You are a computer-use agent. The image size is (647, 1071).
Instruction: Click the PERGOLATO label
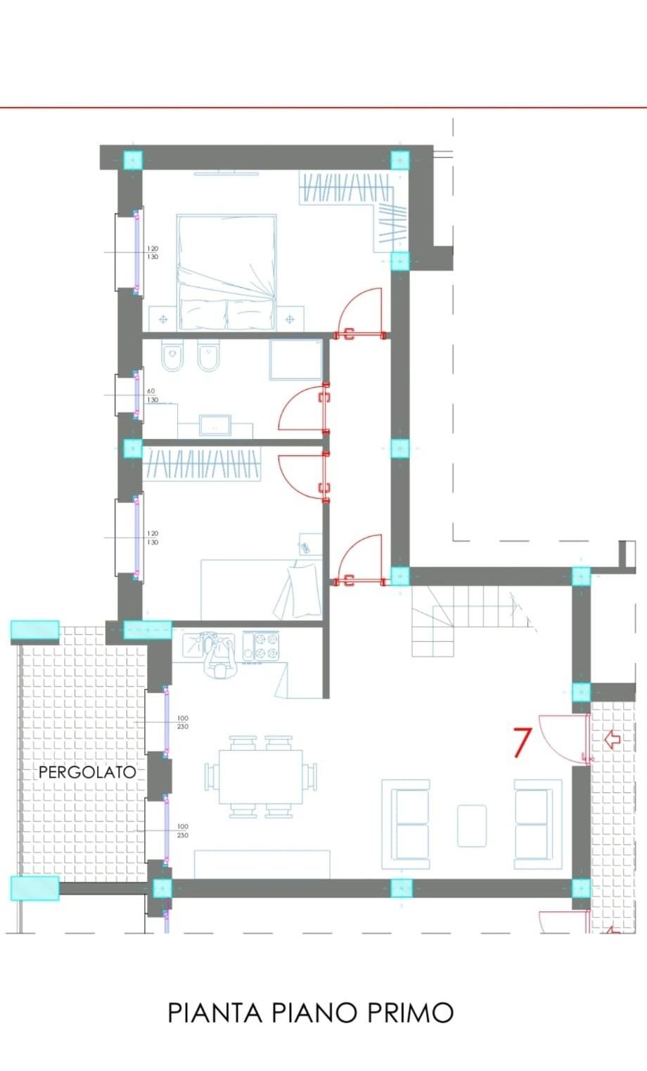tap(87, 772)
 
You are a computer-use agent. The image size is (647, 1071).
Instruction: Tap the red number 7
tap(522, 742)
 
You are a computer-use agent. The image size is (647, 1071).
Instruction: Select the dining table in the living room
tap(261, 777)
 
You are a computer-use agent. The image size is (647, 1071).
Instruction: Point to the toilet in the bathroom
tap(172, 356)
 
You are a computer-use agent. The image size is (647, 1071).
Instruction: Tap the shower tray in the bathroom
tap(296, 360)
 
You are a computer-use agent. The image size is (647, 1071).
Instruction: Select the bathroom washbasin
tap(215, 425)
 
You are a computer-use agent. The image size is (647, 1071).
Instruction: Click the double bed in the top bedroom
tap(226, 272)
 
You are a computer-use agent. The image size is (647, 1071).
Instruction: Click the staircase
tap(470, 621)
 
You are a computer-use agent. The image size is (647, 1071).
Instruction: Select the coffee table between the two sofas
tap(472, 825)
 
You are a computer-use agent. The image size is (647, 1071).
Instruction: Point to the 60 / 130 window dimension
tap(153, 395)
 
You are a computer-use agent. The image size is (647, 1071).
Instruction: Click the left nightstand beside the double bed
tap(163, 319)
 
